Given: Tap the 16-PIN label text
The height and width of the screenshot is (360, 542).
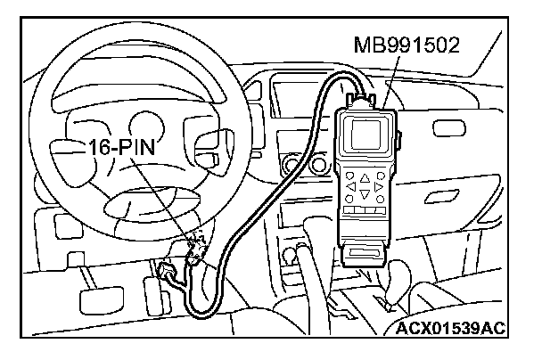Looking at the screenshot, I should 120,147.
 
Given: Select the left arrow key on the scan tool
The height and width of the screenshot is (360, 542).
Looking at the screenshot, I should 353,187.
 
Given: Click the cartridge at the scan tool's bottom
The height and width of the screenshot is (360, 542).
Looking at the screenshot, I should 365,254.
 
